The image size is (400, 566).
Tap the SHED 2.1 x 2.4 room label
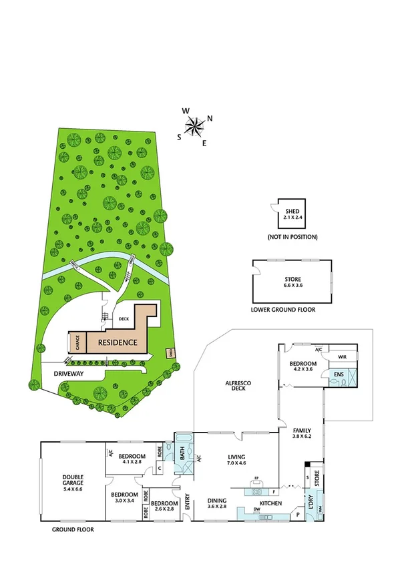pyautogui.click(x=292, y=213)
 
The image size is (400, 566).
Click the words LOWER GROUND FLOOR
pyautogui.click(x=282, y=310)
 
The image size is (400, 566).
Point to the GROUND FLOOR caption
pyautogui.click(x=73, y=529)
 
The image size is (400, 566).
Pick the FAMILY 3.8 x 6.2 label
pyautogui.click(x=301, y=434)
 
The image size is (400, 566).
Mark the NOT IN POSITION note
pyautogui.click(x=292, y=237)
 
